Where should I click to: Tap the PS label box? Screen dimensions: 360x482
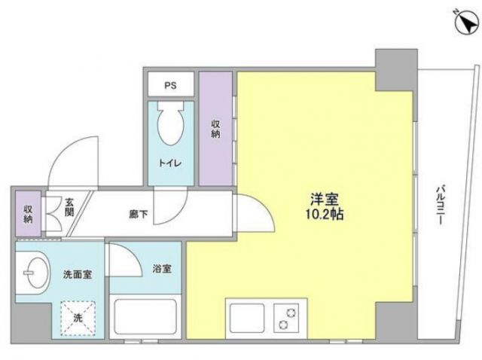171,84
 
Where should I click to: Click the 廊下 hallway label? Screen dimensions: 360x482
139,214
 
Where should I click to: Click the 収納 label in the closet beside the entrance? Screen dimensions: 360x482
29,214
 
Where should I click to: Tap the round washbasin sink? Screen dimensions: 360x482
35,270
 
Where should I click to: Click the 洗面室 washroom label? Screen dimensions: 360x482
77,275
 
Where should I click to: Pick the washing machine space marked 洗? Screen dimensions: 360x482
76,316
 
